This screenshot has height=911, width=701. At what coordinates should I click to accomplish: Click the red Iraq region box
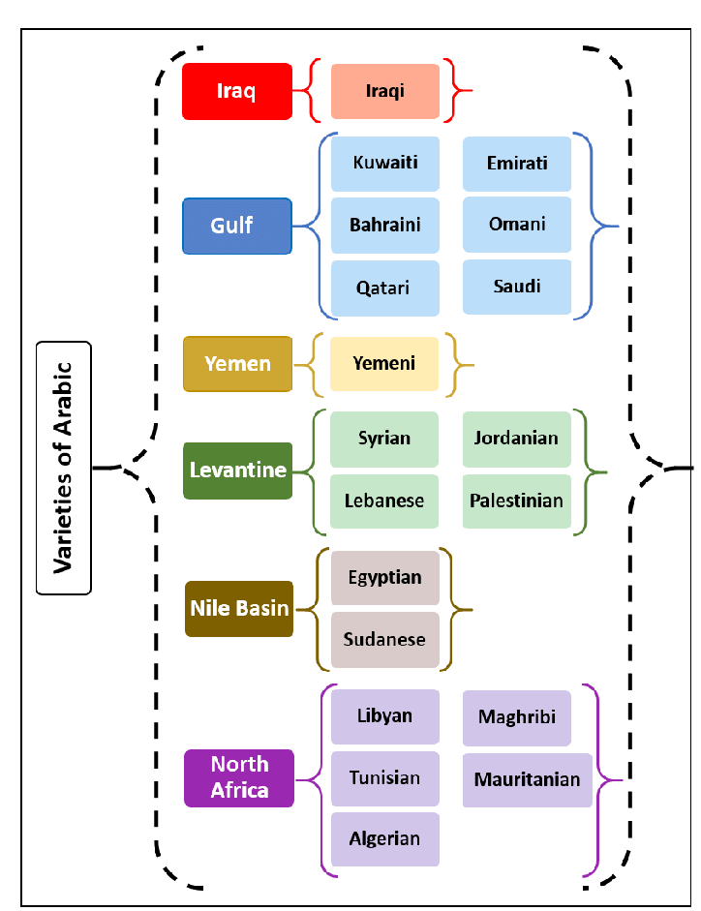point(236,91)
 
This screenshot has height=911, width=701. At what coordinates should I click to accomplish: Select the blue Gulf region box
point(236,226)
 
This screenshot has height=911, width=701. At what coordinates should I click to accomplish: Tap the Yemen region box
point(236,364)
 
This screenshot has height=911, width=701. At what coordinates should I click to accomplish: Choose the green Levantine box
point(237,471)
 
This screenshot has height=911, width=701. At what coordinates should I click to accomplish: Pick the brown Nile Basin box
point(238,608)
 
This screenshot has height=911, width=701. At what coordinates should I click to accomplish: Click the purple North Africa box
point(238,777)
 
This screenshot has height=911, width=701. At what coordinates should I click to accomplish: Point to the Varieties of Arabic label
point(63,467)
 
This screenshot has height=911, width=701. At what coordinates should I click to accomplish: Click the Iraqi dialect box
point(384,91)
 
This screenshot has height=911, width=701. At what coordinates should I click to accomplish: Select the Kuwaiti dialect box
point(384,163)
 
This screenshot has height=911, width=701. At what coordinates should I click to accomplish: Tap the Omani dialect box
point(516,225)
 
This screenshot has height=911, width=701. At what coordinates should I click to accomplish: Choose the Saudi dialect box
point(516,287)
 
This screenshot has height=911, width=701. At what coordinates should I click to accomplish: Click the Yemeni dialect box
point(383,363)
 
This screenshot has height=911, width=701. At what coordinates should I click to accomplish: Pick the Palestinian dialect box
point(516,501)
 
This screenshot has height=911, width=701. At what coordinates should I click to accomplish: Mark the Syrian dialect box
point(383,439)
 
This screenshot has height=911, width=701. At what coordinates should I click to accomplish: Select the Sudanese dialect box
point(384,640)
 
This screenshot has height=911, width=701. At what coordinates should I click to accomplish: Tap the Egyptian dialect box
point(384,578)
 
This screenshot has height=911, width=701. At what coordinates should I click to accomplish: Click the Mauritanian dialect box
point(527,779)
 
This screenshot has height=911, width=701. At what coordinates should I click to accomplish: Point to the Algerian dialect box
point(384,838)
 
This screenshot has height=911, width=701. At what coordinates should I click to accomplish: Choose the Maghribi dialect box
point(516,717)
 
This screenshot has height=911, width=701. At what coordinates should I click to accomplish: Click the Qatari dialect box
point(383,288)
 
